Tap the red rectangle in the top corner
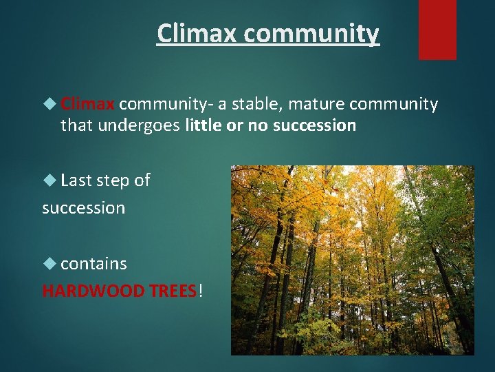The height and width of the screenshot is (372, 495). point(437,30)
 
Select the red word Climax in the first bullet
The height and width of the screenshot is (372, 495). point(87,104)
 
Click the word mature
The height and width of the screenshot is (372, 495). point(317,104)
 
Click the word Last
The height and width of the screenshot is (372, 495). point(76,180)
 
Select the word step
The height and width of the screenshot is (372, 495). point(112,180)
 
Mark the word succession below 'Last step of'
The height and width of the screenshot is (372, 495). point(83,207)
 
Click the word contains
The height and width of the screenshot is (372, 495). point(93,264)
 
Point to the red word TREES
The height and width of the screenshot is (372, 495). point(173,291)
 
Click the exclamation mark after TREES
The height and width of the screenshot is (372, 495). point(201,291)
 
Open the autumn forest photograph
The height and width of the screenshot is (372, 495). point(352,260)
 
